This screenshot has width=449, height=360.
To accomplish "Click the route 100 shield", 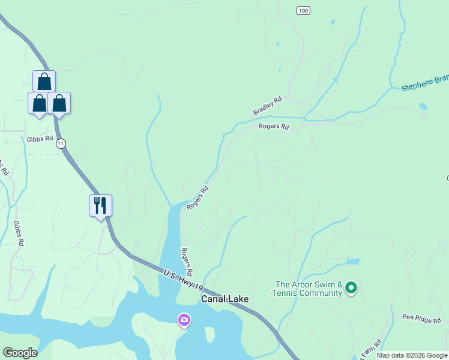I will (x=304, y=11).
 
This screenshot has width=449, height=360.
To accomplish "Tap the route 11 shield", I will (x=61, y=144).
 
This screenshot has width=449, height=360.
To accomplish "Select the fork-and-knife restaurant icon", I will (x=100, y=206).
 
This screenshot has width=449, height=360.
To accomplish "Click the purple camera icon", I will (x=184, y=320).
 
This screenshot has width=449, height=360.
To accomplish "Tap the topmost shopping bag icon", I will (x=44, y=82).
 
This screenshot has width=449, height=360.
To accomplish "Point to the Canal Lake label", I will (x=224, y=298).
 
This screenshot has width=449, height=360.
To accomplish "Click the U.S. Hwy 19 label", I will (x=184, y=280).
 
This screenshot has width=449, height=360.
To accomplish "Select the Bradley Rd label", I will (x=267, y=107).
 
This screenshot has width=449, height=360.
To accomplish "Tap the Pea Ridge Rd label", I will (x=421, y=319).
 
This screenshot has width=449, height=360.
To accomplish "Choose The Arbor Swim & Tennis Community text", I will (x=309, y=289).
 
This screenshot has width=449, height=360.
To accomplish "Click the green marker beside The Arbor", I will (x=352, y=289).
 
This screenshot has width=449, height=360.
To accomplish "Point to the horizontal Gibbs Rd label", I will (x=40, y=139).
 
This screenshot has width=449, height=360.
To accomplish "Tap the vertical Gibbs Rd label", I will (x=19, y=233).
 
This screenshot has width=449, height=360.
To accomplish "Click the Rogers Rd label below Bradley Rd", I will (x=274, y=127).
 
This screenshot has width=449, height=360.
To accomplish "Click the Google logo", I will (x=20, y=353).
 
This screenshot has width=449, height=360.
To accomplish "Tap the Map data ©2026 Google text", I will (x=412, y=355).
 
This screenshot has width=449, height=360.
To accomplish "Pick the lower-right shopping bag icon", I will (x=59, y=103).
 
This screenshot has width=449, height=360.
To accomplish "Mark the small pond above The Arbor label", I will (x=352, y=262).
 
